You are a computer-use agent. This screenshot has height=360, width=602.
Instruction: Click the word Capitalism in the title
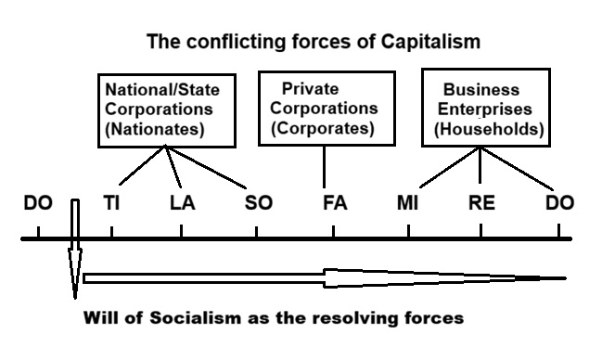click(x=430, y=42)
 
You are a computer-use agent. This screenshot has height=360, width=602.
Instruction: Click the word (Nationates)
click(x=155, y=129)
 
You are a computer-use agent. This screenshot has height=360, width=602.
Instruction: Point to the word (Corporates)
click(x=323, y=128)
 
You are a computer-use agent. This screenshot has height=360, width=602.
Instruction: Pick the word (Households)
click(x=489, y=129)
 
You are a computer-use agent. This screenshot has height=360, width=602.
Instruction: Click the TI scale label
click(x=111, y=203)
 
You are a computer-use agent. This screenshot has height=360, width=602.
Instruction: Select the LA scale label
click(x=183, y=203)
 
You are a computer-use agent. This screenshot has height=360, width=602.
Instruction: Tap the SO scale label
click(x=259, y=203)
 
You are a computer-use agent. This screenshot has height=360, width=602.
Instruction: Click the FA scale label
click(x=335, y=203)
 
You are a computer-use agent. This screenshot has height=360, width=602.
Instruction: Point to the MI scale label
click(x=408, y=203)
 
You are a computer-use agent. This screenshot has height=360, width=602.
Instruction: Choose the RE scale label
click(x=481, y=203)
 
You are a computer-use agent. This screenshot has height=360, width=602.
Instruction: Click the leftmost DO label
click(x=38, y=203)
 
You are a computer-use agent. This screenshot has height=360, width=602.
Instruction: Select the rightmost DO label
click(x=559, y=203)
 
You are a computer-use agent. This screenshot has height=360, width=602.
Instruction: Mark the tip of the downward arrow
click(x=75, y=299)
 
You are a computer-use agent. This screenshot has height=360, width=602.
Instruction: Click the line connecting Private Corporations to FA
click(x=325, y=167)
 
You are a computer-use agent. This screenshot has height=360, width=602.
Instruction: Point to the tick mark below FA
click(x=333, y=232)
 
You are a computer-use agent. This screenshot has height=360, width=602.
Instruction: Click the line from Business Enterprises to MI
click(x=450, y=168)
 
